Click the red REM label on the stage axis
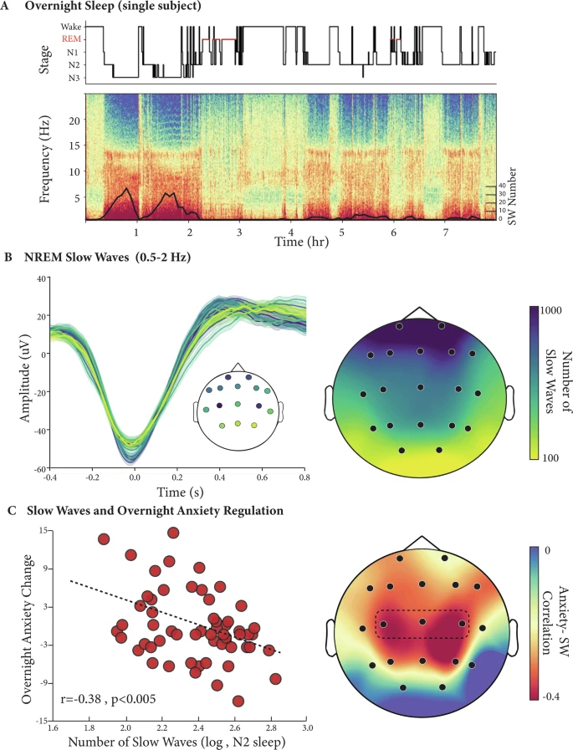[70, 38]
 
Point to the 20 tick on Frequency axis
[74, 120]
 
